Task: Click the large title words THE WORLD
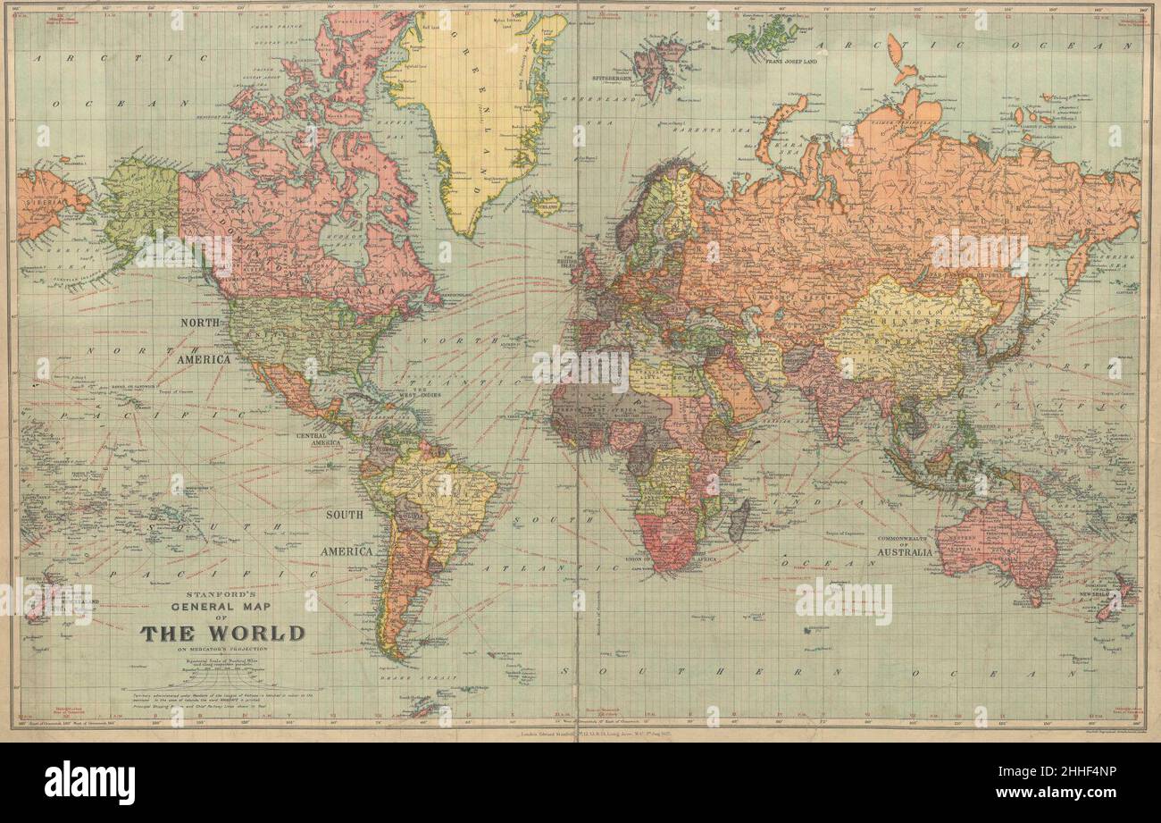221,634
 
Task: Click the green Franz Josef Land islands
764,36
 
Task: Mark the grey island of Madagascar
739,520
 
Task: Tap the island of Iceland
545,205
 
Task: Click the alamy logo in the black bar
89,783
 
